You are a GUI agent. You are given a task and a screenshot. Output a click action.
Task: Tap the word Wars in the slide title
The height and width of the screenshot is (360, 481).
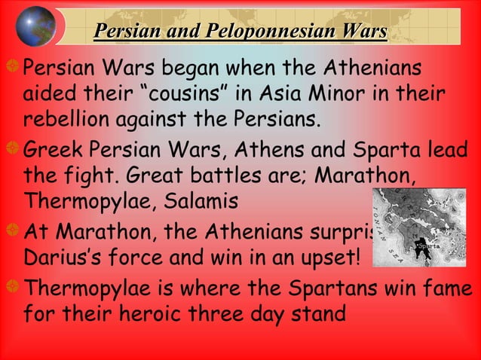[364, 32]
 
